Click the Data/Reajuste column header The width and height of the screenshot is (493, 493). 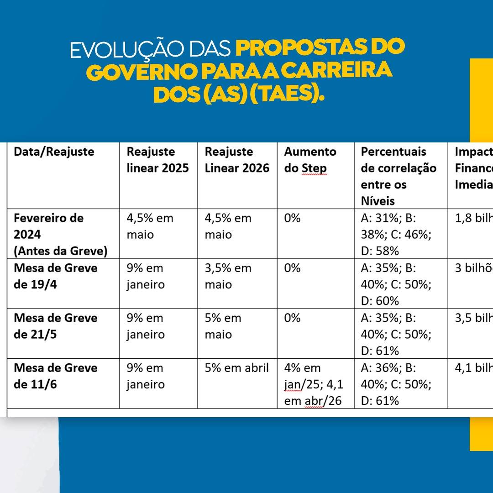(x=54, y=152)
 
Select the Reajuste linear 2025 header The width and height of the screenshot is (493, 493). (x=157, y=160)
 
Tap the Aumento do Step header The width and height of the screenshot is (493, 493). (x=310, y=160)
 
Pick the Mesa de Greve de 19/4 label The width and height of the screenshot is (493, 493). (x=56, y=276)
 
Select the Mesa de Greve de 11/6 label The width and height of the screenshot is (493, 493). (x=56, y=376)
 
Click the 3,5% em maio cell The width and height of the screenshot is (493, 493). (x=228, y=276)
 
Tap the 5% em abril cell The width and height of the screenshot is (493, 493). (x=236, y=368)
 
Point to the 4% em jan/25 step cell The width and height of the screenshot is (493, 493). (x=313, y=384)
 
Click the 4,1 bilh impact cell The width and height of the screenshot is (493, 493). (x=473, y=368)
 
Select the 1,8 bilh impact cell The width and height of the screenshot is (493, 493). (x=473, y=218)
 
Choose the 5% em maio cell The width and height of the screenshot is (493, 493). (x=223, y=326)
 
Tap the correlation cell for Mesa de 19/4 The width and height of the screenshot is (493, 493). (x=396, y=284)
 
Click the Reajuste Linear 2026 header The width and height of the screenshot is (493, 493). (x=237, y=160)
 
